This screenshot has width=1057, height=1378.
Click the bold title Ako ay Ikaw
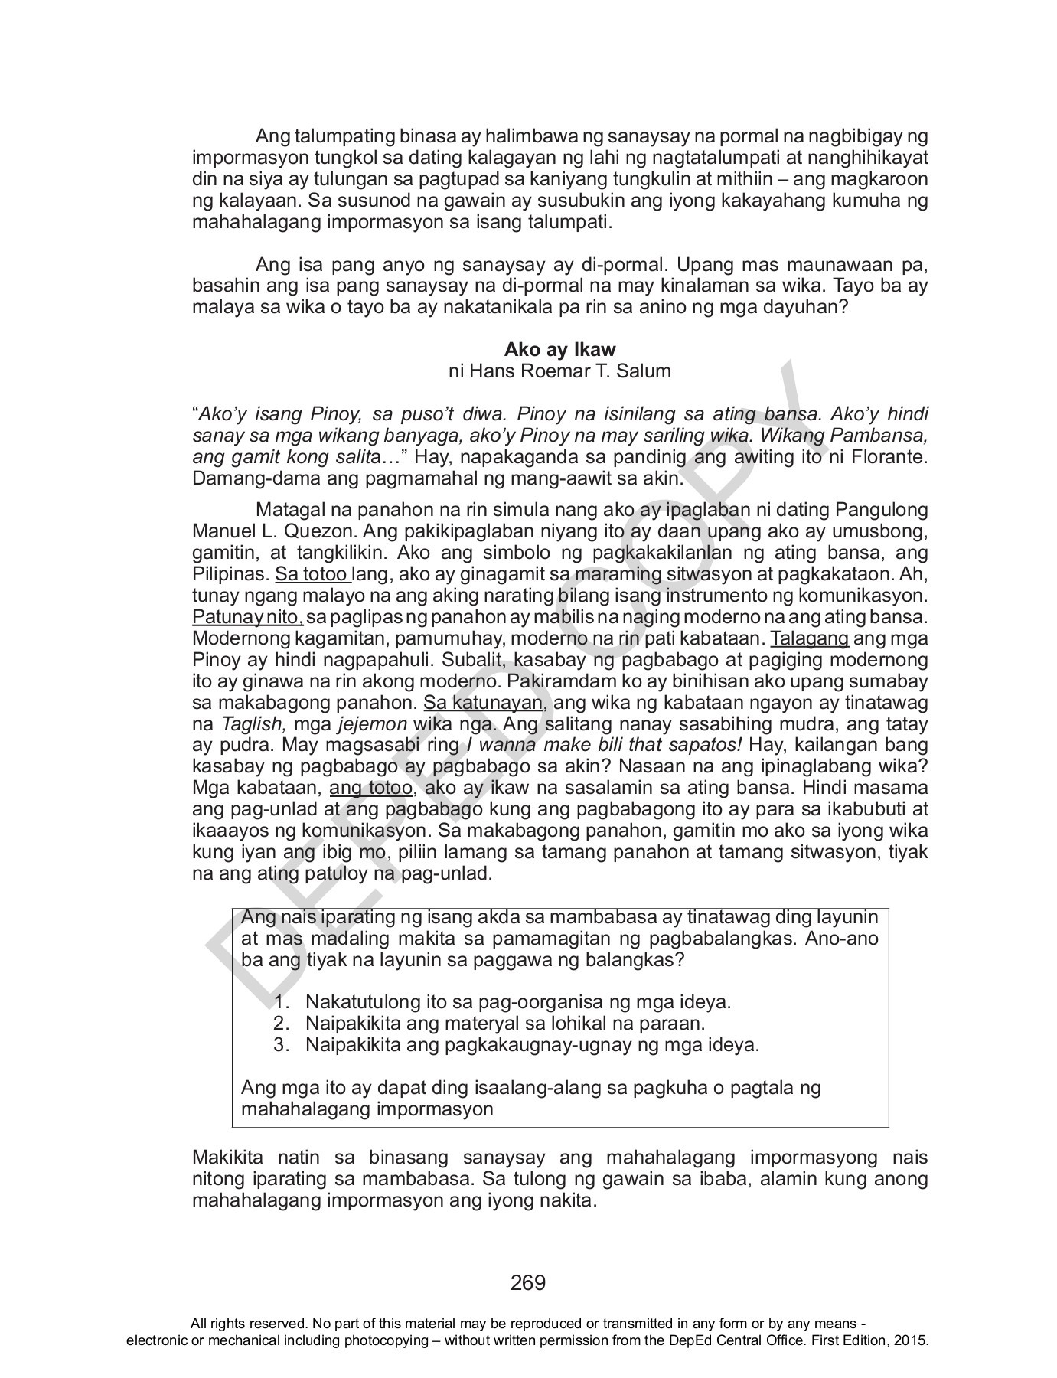559,350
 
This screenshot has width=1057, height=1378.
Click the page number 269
528,1282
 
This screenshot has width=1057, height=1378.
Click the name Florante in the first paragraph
889,458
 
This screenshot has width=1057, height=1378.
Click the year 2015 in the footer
910,1340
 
